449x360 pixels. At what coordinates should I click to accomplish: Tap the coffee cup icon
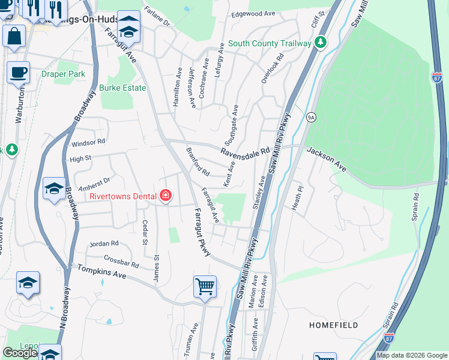pos(18,72)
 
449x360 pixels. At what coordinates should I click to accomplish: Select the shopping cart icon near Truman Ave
pos(205,286)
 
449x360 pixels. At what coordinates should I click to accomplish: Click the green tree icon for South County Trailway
pos(321,43)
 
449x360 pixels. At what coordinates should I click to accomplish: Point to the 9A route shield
pos(310,116)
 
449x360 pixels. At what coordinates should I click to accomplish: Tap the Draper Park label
pos(64,74)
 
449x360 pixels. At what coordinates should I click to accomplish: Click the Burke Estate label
pos(122,88)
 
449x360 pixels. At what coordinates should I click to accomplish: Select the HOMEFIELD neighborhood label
pos(334,325)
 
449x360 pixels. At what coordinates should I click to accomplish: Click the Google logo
pos(20,353)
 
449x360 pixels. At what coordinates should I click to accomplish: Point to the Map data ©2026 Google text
pos(412,355)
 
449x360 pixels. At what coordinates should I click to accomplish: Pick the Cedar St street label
pos(145,232)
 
